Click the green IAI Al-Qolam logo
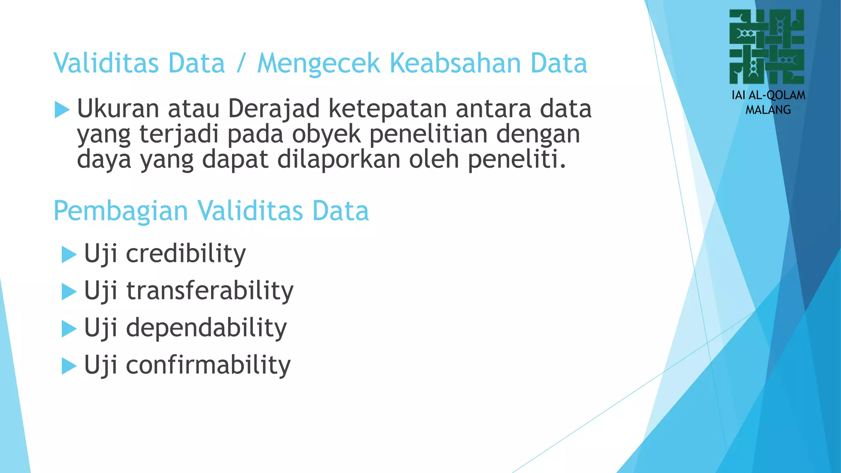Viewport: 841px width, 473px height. [x=767, y=47]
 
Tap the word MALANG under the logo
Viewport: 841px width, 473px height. [x=768, y=110]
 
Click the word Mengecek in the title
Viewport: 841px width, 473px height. [x=319, y=63]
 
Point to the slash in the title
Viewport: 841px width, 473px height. [x=241, y=64]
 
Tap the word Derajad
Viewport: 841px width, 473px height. [x=274, y=108]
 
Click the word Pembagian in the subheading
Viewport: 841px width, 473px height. [x=121, y=211]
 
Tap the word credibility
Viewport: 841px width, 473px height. [x=186, y=253]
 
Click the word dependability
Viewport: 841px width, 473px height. [x=206, y=328]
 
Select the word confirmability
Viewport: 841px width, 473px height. [x=208, y=365]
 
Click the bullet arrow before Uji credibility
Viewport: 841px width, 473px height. [x=69, y=255]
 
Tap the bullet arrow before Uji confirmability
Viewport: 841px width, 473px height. [x=69, y=366]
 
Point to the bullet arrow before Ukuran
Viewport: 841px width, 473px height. [x=62, y=110]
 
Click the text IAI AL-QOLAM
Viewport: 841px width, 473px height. [x=768, y=95]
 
